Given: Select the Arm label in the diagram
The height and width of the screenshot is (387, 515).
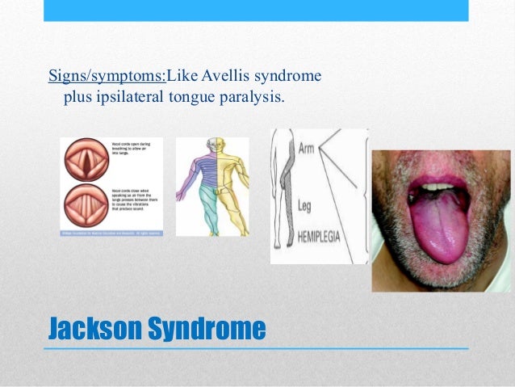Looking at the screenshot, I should (307, 149).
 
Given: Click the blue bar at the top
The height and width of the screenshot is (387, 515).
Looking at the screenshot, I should (256, 10).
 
